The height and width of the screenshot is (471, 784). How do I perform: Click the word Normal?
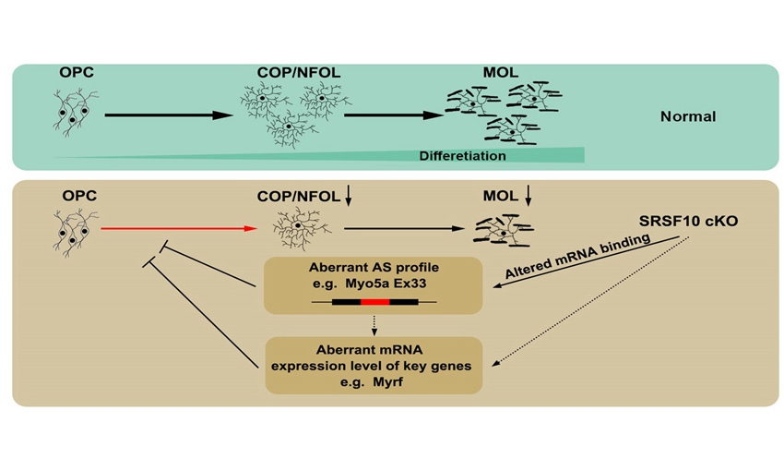688,117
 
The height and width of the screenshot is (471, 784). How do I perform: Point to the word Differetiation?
462,156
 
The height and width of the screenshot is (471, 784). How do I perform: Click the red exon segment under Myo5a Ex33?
374,301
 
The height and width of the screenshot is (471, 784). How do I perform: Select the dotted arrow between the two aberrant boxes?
374,320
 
